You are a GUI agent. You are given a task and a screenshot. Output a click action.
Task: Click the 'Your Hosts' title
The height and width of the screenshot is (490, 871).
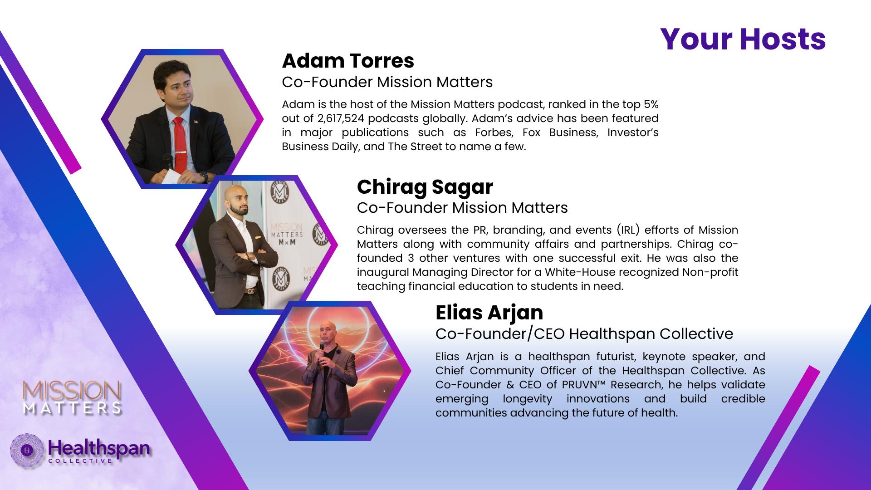click(x=743, y=39)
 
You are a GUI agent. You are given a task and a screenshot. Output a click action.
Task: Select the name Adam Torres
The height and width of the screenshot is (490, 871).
click(x=348, y=61)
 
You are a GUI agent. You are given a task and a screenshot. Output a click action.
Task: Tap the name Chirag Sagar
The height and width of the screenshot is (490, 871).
click(x=425, y=187)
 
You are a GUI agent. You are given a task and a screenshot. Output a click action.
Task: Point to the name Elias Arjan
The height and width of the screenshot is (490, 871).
click(x=489, y=313)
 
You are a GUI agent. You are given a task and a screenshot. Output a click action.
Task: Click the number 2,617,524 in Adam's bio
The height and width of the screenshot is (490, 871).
click(x=341, y=118)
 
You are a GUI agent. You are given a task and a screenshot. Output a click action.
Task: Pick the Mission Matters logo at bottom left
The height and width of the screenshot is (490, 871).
click(x=72, y=398)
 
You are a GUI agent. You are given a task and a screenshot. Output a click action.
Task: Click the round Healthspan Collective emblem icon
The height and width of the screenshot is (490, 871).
click(x=27, y=450)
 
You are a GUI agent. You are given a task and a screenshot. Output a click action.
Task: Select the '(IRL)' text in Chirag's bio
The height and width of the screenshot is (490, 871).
click(x=628, y=230)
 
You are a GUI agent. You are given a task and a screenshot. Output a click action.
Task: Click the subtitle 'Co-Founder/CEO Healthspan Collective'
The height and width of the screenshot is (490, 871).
click(x=584, y=334)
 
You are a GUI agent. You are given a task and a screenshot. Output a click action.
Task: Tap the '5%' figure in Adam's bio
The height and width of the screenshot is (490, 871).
click(x=651, y=104)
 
